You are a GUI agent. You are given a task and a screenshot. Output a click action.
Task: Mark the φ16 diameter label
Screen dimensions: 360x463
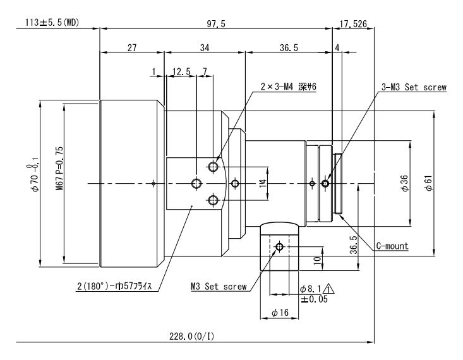[279, 313]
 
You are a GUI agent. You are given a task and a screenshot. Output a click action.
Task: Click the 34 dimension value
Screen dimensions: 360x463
[204, 47]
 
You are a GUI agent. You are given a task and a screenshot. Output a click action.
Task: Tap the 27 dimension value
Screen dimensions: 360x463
[131, 47]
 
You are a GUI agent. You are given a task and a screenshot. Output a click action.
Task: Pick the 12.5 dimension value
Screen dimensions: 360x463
[182, 72]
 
